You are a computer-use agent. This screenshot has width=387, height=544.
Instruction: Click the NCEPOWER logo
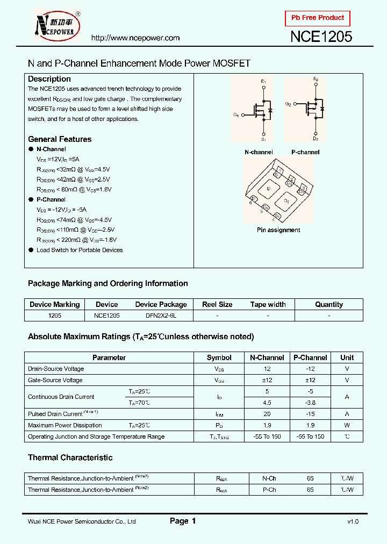tap(56, 25)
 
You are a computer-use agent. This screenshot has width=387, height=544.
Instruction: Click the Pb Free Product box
tap(318, 18)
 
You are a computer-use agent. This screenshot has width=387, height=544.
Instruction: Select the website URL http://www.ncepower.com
tap(135, 38)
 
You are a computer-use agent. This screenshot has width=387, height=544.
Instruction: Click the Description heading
tap(49, 79)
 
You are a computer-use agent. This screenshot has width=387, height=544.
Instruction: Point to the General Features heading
tap(60, 139)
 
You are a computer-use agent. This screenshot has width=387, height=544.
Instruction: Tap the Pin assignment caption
tap(278, 230)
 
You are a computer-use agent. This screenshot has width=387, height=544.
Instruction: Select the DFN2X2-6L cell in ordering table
tap(161, 316)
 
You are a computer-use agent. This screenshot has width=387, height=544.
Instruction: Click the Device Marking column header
tap(54, 304)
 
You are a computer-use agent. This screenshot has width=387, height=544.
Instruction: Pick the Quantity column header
tap(329, 304)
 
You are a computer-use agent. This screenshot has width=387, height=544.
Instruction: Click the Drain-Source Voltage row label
tap(56, 369)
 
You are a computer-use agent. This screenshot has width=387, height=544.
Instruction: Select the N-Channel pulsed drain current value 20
tap(267, 414)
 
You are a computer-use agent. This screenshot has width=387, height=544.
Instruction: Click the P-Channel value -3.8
tap(310, 403)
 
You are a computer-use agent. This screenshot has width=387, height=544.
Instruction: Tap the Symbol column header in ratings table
tap(219, 357)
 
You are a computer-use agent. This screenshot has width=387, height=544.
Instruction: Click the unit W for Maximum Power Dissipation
tap(347, 425)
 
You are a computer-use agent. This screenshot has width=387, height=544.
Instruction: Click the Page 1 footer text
tap(183, 521)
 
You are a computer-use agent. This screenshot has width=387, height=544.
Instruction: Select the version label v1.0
tap(352, 521)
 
